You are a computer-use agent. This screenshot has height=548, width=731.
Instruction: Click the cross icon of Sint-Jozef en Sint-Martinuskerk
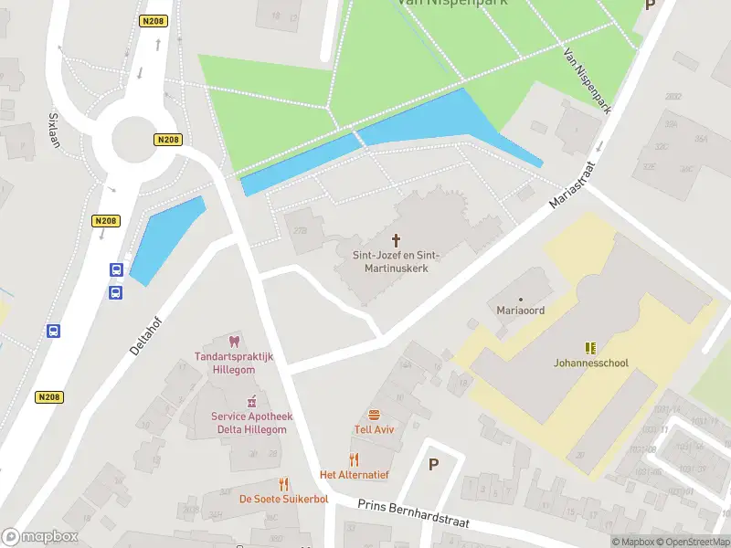click(x=397, y=240)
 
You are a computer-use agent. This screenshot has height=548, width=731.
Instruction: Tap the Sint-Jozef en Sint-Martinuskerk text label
click(x=397, y=262)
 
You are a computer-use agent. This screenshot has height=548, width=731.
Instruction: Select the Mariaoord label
click(x=520, y=310)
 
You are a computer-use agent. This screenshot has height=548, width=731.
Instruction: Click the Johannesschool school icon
click(x=591, y=347)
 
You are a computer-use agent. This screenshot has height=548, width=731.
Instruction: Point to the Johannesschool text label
click(x=591, y=363)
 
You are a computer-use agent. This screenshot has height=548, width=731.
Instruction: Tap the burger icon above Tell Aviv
click(x=374, y=415)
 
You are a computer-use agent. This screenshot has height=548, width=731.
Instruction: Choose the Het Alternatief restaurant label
click(x=355, y=475)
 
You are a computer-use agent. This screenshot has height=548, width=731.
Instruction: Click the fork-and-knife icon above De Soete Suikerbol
click(x=284, y=484)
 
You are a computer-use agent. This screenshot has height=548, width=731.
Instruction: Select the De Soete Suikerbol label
click(x=284, y=499)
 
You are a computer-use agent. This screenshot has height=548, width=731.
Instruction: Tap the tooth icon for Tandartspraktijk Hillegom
click(x=234, y=342)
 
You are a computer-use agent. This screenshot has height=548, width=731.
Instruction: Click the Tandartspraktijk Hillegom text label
click(x=240, y=363)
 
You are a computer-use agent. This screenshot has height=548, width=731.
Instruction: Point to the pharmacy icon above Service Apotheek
click(x=251, y=401)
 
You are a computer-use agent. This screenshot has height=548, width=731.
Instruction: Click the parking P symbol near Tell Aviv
click(x=433, y=464)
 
